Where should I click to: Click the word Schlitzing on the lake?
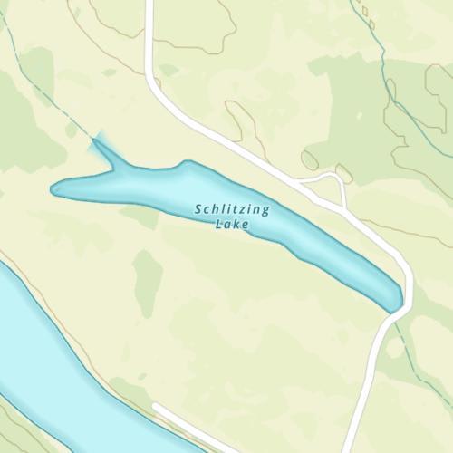tap(232, 209)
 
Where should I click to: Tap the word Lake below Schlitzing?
tap(232, 224)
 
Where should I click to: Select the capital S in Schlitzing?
tap(198, 209)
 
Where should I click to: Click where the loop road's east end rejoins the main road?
tap(347, 208)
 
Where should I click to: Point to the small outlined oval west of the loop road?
tap(310, 160)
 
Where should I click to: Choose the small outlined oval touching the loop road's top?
tap(343, 172)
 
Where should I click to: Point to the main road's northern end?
tap(148, 5)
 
